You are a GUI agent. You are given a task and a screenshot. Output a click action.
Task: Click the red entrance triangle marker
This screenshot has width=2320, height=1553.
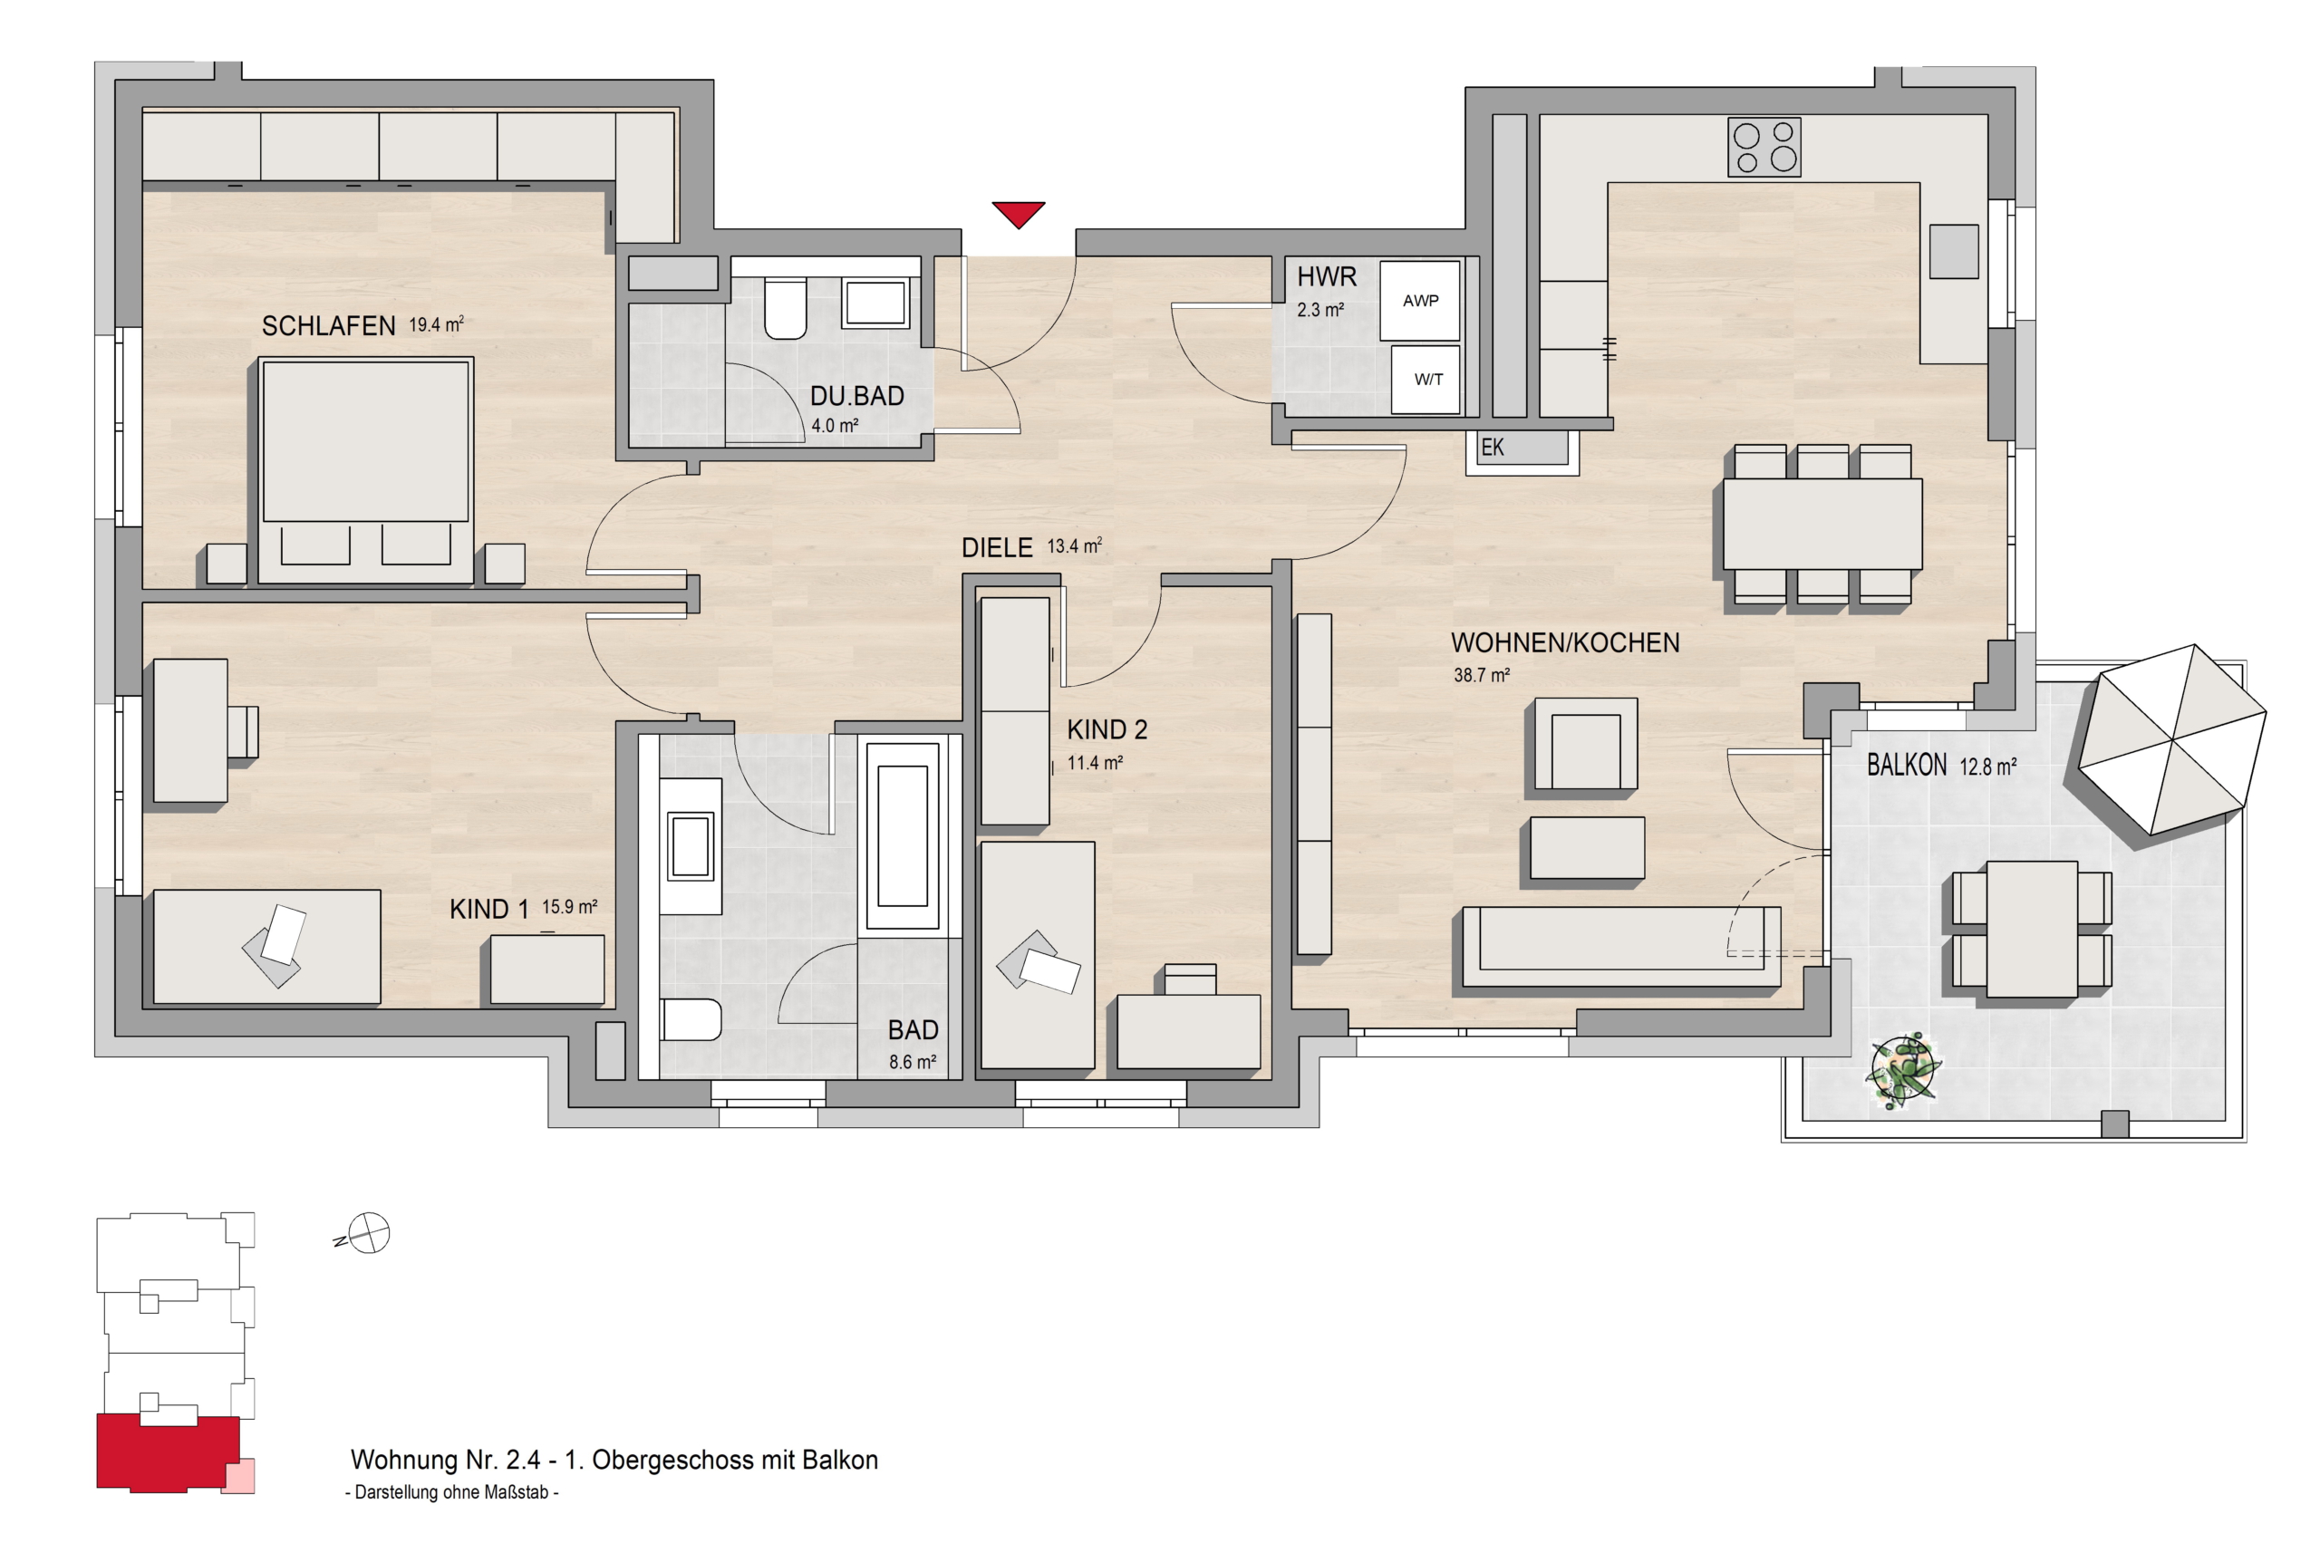(1019, 213)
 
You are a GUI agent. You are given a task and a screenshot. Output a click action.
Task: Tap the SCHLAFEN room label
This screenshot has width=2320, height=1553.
(329, 326)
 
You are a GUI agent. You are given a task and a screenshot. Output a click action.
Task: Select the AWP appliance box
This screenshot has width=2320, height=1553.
(1419, 300)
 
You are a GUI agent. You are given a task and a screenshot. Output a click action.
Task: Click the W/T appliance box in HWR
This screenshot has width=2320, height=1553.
(1426, 380)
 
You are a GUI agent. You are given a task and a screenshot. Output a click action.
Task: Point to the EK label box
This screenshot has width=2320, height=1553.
(1518, 448)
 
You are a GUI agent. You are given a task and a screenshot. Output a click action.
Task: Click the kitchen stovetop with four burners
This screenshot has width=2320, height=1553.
(1764, 148)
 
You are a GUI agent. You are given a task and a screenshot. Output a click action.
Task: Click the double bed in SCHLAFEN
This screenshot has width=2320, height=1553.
(365, 470)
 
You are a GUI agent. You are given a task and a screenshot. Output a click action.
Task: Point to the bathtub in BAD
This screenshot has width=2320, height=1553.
(903, 837)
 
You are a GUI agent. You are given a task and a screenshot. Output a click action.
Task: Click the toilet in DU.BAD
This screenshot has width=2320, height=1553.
(786, 308)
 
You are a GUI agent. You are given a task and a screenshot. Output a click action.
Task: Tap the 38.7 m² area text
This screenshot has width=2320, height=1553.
(1482, 676)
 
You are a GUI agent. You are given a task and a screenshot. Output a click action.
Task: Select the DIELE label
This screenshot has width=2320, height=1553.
(997, 547)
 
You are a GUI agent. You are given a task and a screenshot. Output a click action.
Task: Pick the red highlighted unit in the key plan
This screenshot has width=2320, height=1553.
(169, 1453)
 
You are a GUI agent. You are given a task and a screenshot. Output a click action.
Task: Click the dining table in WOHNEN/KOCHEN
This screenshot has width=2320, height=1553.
(1822, 524)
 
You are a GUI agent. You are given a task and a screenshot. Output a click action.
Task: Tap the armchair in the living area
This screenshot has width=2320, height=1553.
(1585, 745)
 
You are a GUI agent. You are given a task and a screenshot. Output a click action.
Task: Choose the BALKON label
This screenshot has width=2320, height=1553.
(1907, 765)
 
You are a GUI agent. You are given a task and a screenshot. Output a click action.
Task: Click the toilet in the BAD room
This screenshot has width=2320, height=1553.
(690, 1019)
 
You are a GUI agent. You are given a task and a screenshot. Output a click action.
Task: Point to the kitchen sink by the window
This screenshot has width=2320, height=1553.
(1954, 252)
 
